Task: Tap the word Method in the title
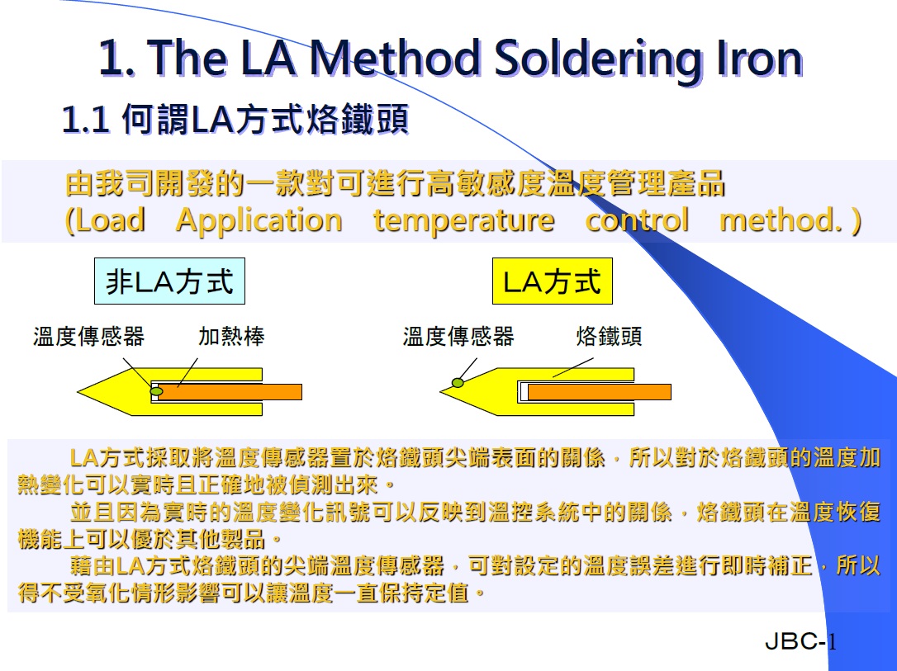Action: pyautogui.click(x=395, y=59)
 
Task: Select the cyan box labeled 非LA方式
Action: pyautogui.click(x=169, y=281)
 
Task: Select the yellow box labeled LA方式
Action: pyautogui.click(x=552, y=281)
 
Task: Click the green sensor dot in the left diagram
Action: pyautogui.click(x=156, y=391)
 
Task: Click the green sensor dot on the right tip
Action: pyautogui.click(x=458, y=382)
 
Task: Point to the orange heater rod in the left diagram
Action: pyautogui.click(x=230, y=391)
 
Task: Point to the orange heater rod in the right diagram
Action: pyautogui.click(x=599, y=391)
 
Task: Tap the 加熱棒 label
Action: pyautogui.click(x=231, y=336)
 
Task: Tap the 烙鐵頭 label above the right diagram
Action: pyautogui.click(x=609, y=336)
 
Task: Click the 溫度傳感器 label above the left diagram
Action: pyautogui.click(x=88, y=336)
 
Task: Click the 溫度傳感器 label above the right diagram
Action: pyautogui.click(x=458, y=336)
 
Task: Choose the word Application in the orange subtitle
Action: pyautogui.click(x=259, y=221)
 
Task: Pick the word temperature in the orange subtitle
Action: pyautogui.click(x=464, y=221)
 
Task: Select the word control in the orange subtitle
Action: pyautogui.click(x=638, y=220)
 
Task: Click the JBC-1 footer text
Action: pyautogui.click(x=800, y=641)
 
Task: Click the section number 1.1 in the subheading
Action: pyautogui.click(x=85, y=120)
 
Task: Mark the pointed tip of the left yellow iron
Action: pyautogui.click(x=78, y=391)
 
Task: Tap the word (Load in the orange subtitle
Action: pyautogui.click(x=105, y=220)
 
